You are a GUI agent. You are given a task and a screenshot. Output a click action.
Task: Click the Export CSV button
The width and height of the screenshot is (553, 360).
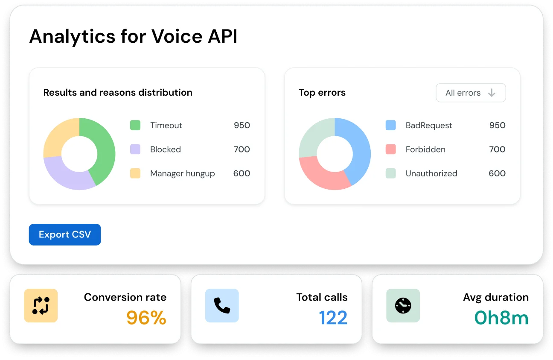point(65,234)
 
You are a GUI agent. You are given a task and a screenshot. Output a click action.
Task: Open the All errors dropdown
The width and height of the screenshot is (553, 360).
point(470,93)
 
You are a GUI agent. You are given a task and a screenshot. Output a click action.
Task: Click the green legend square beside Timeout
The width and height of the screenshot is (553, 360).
point(135,125)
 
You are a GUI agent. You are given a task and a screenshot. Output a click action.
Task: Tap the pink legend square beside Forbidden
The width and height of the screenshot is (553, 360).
point(390,149)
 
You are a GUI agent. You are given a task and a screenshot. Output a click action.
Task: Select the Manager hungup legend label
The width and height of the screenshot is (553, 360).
point(182,173)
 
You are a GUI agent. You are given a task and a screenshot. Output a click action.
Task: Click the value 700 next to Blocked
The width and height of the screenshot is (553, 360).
point(242,149)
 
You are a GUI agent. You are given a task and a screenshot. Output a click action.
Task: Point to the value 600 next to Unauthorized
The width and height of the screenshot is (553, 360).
point(497,173)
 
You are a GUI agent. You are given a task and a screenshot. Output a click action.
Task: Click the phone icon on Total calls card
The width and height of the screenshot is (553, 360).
point(222,305)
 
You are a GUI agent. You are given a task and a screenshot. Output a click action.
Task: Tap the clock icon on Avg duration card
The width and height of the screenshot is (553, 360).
point(403,305)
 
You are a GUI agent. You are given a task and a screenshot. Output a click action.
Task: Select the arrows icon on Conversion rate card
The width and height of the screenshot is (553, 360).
point(41,305)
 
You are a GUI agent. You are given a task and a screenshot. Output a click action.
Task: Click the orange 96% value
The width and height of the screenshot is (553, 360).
point(146,318)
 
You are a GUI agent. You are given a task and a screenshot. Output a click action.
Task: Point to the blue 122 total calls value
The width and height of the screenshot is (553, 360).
point(333,318)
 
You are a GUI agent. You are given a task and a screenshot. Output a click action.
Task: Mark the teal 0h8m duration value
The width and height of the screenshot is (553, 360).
point(501,318)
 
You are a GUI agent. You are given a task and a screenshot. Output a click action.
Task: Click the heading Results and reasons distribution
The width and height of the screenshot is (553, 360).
point(118,93)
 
